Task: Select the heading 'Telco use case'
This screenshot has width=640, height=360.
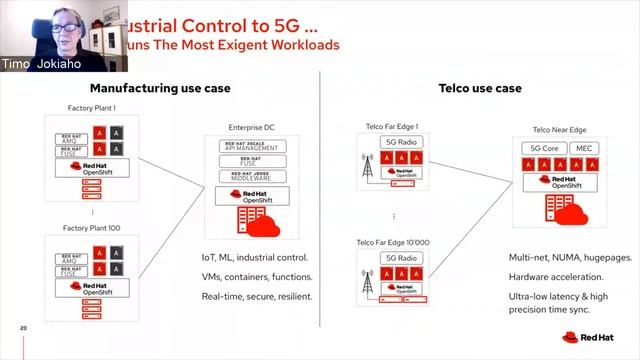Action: (480, 88)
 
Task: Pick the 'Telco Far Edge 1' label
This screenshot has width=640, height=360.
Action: (389, 126)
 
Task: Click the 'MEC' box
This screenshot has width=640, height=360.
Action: (584, 148)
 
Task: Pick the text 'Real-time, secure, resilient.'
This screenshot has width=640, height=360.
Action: (257, 296)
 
